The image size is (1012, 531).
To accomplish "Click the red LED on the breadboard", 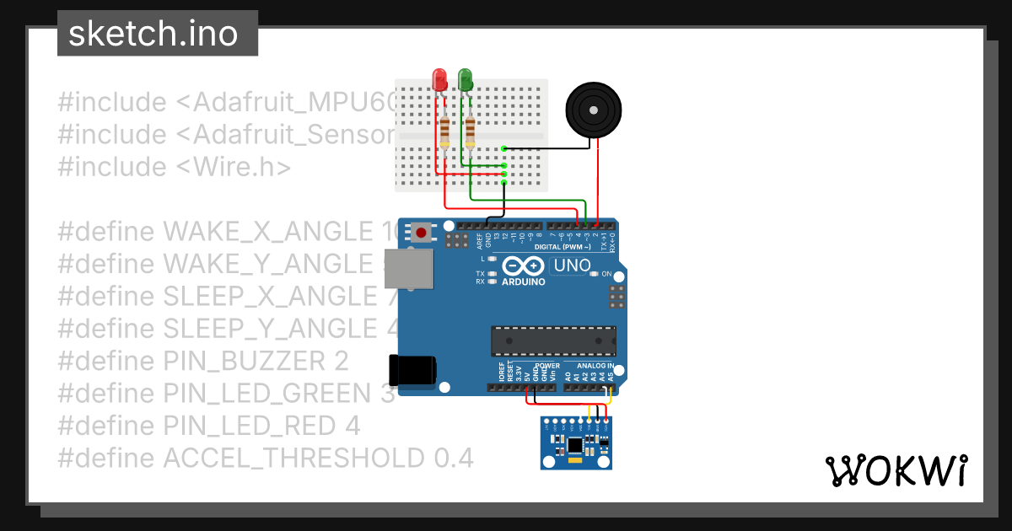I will pyautogui.click(x=439, y=80).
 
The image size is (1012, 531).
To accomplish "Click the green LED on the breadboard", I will pyautogui.click(x=465, y=80).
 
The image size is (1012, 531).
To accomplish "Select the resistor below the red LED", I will pyautogui.click(x=445, y=131).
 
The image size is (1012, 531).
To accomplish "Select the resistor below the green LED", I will pyautogui.click(x=470, y=131).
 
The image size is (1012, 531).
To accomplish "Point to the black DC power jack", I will pyautogui.click(x=412, y=371).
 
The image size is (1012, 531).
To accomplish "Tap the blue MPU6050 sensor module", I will pyautogui.click(x=575, y=443).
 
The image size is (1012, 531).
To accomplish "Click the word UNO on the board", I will pyautogui.click(x=572, y=266).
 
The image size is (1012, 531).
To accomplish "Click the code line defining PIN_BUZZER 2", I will pyautogui.click(x=203, y=361).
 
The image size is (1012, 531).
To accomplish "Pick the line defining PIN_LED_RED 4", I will pyautogui.click(x=209, y=426).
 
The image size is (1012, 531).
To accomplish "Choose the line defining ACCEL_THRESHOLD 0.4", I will pyautogui.click(x=265, y=458).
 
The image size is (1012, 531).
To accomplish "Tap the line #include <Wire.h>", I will pyautogui.click(x=174, y=167).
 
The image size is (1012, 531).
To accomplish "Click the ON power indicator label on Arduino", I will pyautogui.click(x=606, y=274).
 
